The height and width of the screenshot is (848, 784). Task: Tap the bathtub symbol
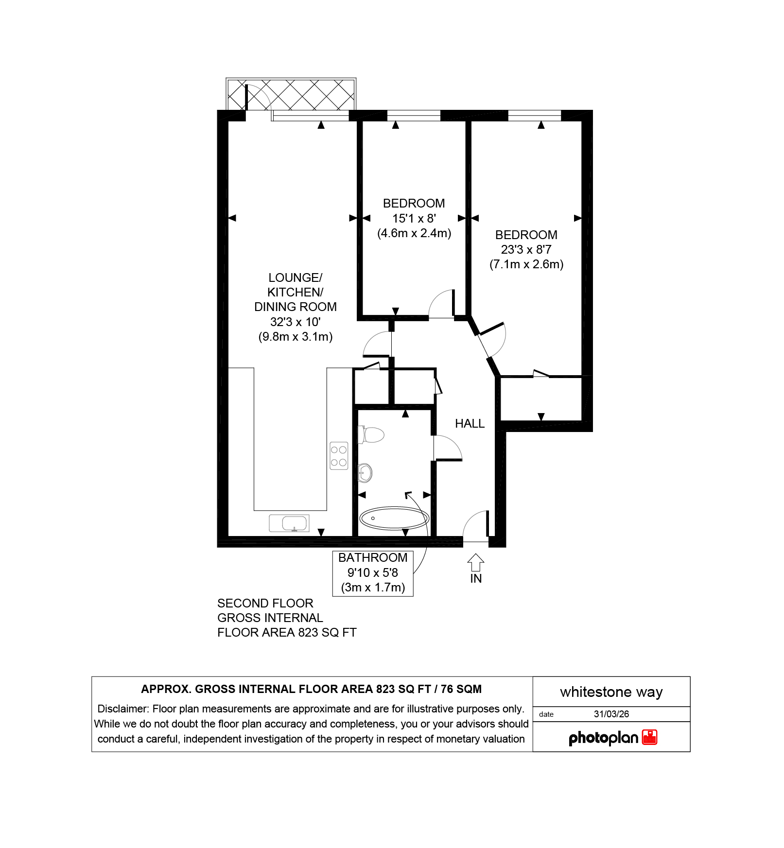[394, 518]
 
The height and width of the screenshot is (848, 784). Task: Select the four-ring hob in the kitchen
[339, 455]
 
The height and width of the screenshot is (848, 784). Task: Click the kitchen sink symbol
[289, 523]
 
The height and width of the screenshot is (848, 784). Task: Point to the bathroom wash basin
[365, 472]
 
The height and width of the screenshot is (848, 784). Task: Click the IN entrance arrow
[476, 563]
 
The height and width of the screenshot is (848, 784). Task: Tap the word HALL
[470, 424]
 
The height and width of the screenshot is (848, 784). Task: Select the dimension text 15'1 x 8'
[414, 218]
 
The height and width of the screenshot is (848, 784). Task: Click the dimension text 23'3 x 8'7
[526, 250]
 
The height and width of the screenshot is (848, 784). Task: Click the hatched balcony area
[291, 94]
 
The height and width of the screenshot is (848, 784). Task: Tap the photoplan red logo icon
[649, 737]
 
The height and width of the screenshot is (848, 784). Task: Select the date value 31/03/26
[611, 714]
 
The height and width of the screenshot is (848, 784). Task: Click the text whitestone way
[611, 692]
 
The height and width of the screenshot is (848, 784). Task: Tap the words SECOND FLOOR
[265, 604]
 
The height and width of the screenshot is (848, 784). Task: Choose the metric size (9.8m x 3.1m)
[296, 337]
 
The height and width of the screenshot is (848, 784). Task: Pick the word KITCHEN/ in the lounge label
[296, 293]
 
